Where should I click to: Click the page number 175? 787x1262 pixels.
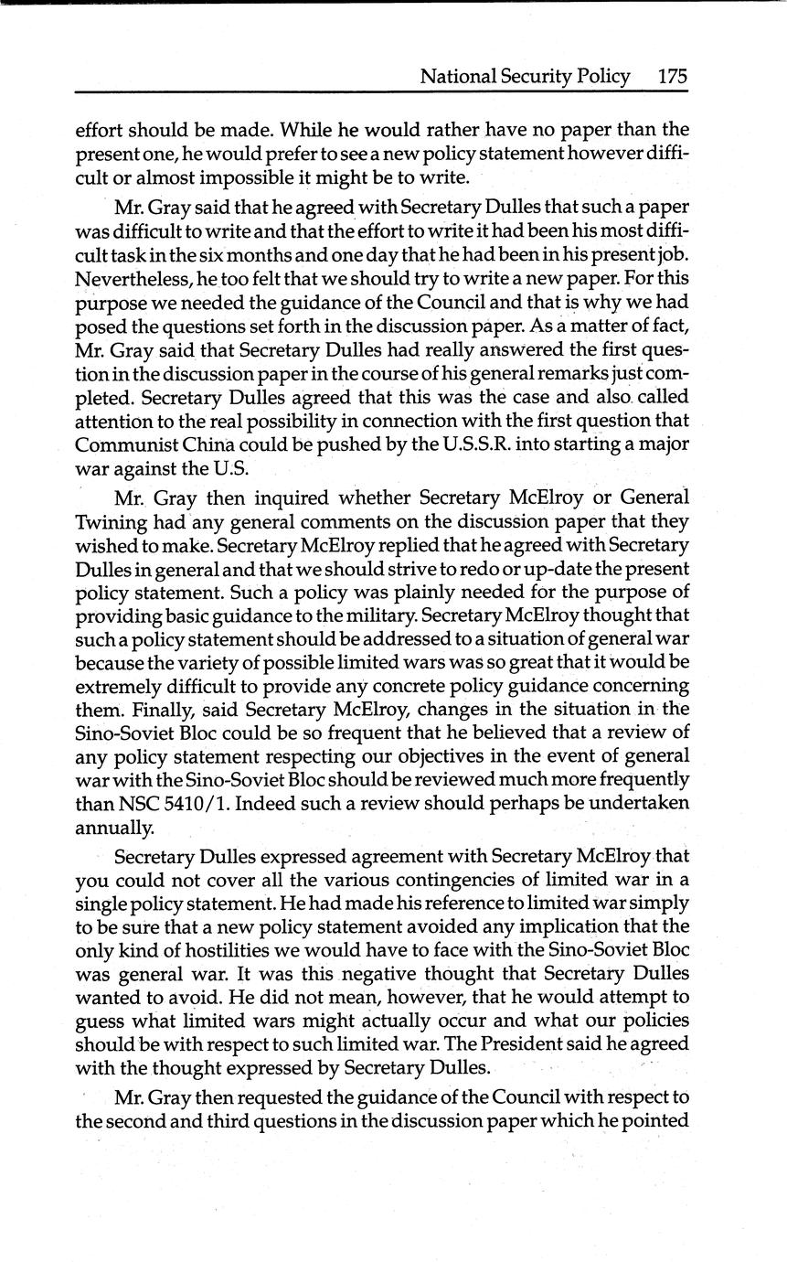(672, 77)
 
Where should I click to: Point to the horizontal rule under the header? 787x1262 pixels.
(381, 91)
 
